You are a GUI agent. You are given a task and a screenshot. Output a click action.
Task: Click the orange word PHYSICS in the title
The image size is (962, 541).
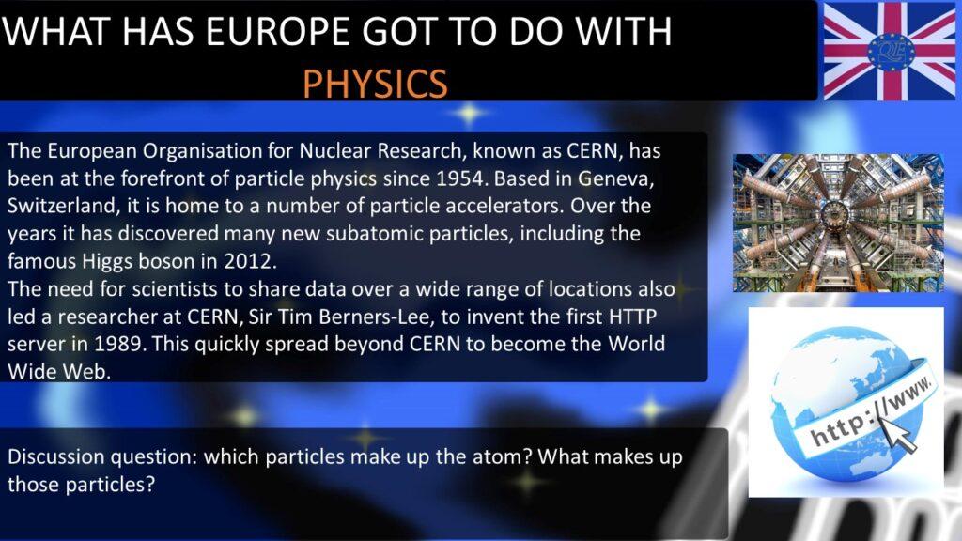(x=376, y=84)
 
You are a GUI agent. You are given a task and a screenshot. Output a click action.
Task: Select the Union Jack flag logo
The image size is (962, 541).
(x=889, y=51)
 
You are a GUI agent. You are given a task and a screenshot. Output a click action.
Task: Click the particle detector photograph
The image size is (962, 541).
(x=838, y=223)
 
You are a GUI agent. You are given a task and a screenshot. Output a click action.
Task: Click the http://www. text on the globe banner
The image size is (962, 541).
(x=871, y=412)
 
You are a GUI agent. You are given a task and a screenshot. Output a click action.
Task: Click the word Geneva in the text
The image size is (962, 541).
(x=615, y=178)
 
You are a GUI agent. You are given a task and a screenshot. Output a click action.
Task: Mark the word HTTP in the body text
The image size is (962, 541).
(x=632, y=317)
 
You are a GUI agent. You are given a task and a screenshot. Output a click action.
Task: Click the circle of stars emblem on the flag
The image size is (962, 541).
(x=891, y=51)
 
